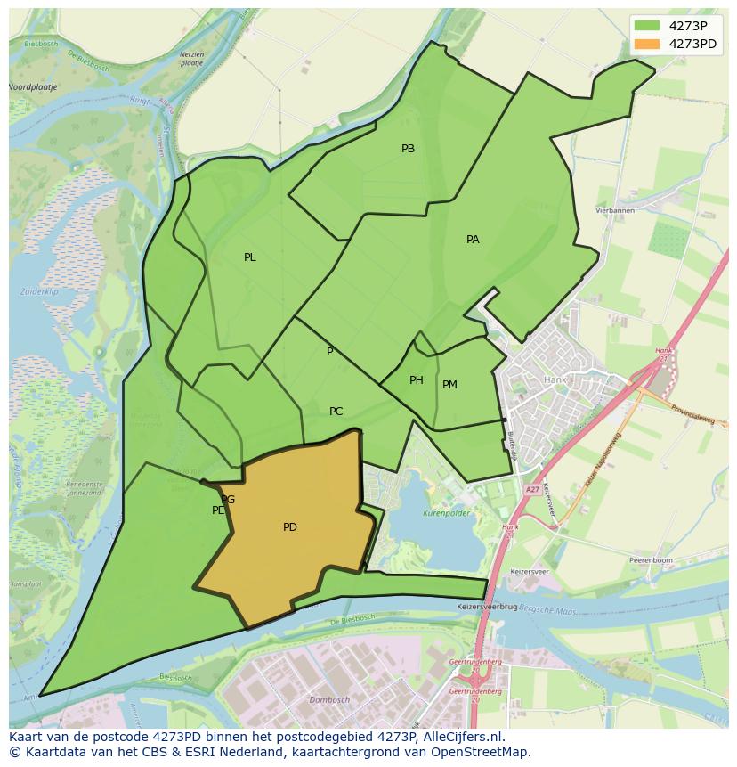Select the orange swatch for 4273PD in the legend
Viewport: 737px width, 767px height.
(x=647, y=44)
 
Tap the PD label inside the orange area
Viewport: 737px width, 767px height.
(x=290, y=527)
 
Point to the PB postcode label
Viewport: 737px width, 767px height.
(x=408, y=149)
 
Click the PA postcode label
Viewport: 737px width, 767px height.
(x=473, y=240)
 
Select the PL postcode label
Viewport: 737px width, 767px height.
(x=250, y=257)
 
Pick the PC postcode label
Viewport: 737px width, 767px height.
(x=336, y=412)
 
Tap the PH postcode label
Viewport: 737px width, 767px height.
(x=417, y=380)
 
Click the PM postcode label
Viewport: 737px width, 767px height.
(x=449, y=385)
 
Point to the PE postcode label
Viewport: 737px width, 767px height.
(x=218, y=510)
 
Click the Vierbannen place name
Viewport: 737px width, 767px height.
(x=614, y=210)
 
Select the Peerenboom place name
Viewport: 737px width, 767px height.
(x=650, y=559)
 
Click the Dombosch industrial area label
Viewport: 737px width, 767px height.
(x=329, y=700)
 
